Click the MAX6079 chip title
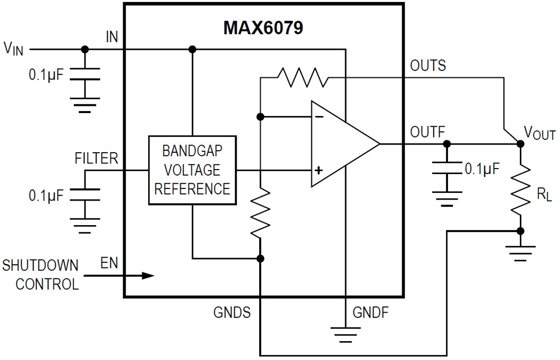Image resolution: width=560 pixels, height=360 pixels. coord(263,27)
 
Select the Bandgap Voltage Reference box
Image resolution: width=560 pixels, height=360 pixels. coord(192,170)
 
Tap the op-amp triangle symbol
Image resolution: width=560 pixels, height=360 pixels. coord(341,144)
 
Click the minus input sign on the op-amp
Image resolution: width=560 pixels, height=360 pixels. coord(319,117)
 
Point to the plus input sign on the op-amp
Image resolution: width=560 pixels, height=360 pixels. coord(319,170)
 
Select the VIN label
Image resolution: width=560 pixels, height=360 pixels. coord(13,49)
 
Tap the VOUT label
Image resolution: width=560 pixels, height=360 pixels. coord(540,134)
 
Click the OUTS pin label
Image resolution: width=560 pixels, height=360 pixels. coord(428,66)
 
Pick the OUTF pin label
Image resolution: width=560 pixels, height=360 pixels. coord(427,132)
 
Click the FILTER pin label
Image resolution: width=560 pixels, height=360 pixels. coord(96,158)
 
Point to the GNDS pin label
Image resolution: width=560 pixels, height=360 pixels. coord(232,312)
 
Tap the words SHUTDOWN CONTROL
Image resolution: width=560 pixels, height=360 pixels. coord(41,275)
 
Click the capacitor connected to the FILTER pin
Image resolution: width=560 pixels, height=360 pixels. coord(85,196)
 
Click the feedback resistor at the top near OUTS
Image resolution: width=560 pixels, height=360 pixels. coord(302,77)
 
